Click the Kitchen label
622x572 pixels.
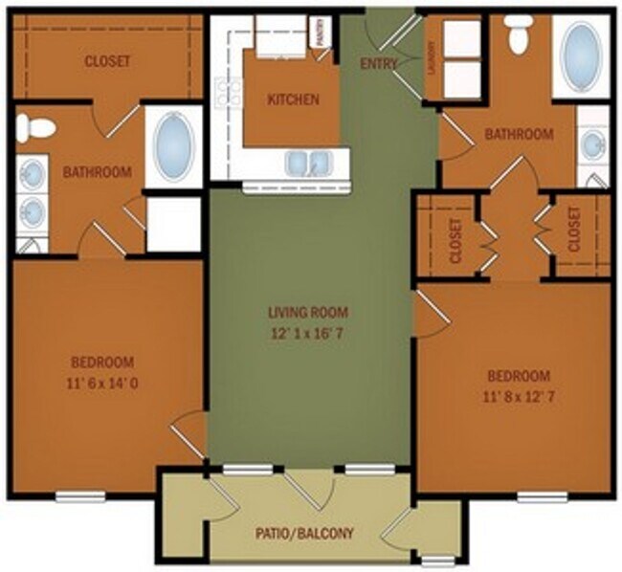coord(292,99)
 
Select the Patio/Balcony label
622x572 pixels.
coord(305,533)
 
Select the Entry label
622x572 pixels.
coord(379,65)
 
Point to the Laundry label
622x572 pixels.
coord(433,56)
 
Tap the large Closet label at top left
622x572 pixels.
coord(107,61)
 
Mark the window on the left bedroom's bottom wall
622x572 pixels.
coord(79,495)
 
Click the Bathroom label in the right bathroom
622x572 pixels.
coord(519,135)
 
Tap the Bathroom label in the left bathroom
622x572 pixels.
coord(97,172)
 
